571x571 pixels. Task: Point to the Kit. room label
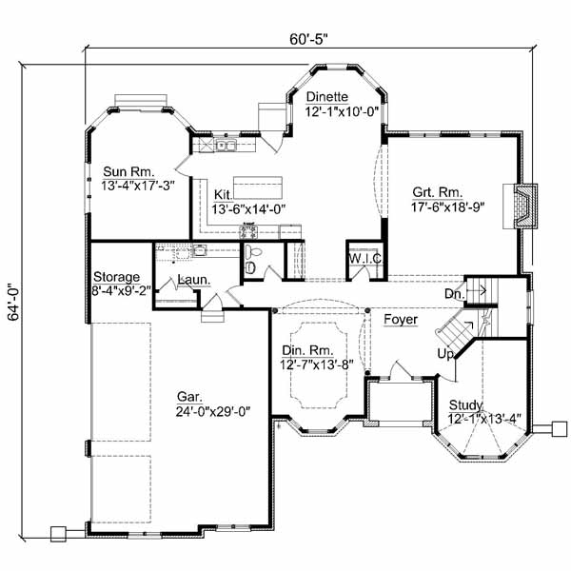pyautogui.click(x=225, y=192)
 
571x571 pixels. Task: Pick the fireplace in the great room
pyautogui.click(x=522, y=202)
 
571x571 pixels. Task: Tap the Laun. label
pyautogui.click(x=195, y=281)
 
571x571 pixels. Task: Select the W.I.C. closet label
pyautogui.click(x=364, y=258)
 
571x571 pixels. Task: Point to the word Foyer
pyautogui.click(x=401, y=320)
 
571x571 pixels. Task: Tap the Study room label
pyautogui.click(x=466, y=404)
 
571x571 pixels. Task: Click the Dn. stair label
pyautogui.click(x=454, y=295)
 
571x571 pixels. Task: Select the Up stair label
pyautogui.click(x=444, y=354)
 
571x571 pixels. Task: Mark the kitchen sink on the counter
pyautogui.click(x=226, y=146)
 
